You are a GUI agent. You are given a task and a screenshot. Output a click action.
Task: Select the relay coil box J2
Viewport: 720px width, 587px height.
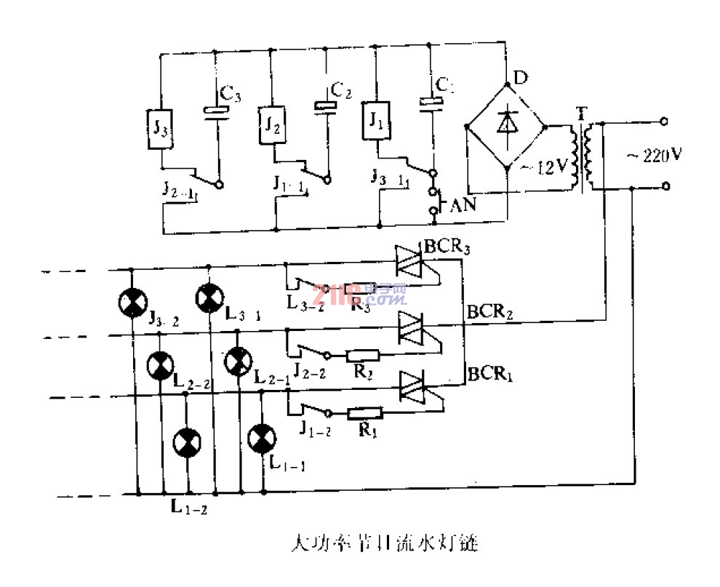pyautogui.click(x=271, y=124)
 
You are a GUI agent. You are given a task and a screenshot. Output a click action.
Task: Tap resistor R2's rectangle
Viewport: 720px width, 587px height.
pyautogui.click(x=362, y=356)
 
